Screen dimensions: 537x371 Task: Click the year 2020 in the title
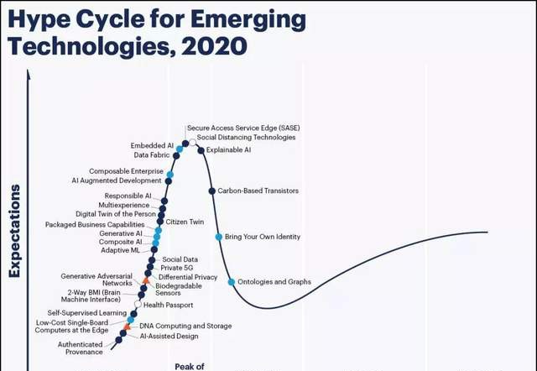[x=214, y=46]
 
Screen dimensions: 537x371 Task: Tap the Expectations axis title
[x=15, y=231]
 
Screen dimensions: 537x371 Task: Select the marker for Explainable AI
[x=201, y=150]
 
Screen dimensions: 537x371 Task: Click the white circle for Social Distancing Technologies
[x=193, y=142]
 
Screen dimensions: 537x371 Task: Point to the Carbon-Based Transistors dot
[x=212, y=191]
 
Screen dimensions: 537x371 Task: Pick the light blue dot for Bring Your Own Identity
[x=219, y=237]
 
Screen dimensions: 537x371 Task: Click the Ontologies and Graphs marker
[x=232, y=282]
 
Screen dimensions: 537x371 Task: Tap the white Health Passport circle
[x=138, y=304]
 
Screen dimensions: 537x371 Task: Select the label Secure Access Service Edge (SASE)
[x=243, y=128]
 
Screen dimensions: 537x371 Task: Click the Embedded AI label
[x=152, y=145]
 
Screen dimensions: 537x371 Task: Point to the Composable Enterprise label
[x=126, y=171]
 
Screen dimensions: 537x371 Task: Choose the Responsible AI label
[x=128, y=196]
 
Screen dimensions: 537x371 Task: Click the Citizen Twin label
[x=185, y=222]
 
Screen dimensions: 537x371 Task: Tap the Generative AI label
[x=121, y=233]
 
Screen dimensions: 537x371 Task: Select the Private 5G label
[x=177, y=268]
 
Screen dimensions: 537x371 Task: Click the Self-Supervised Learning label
[x=87, y=313]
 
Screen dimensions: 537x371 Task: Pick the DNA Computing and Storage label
[x=185, y=326]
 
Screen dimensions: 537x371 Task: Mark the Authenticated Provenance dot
[x=118, y=340]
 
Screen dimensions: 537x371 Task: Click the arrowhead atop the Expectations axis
[x=29, y=75]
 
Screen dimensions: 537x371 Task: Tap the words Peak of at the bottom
[x=190, y=367]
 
